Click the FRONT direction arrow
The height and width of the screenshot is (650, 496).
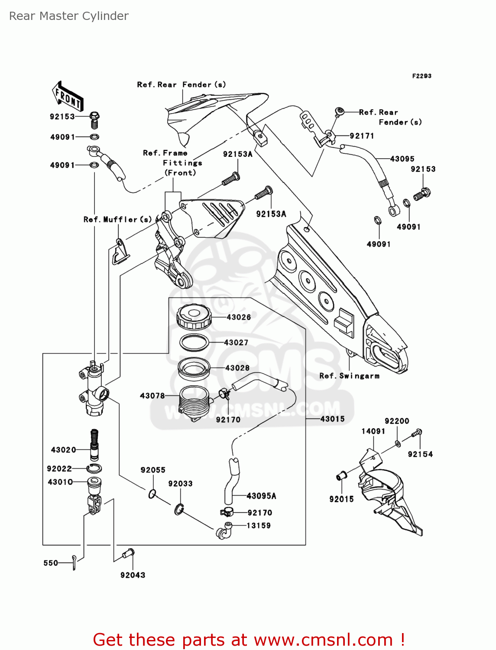[x=68, y=96]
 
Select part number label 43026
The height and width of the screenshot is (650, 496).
[x=239, y=317]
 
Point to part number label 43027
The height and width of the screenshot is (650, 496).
[x=236, y=343]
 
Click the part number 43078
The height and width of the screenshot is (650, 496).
[x=152, y=396]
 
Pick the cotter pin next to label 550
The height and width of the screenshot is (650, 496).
[x=75, y=562]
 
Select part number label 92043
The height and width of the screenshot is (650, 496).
[x=133, y=575]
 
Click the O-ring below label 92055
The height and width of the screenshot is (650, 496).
[x=152, y=494]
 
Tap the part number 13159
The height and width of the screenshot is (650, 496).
[x=259, y=526]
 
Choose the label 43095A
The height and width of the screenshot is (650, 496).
[x=261, y=496]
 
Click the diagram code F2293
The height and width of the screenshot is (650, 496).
[x=421, y=76]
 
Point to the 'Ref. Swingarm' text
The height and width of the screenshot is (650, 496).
[x=349, y=376]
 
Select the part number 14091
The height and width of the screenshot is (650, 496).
[x=373, y=431]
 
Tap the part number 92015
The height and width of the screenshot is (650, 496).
[x=341, y=499]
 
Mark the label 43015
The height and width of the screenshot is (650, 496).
[x=332, y=419]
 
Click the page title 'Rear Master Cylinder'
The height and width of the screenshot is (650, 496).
[x=69, y=16]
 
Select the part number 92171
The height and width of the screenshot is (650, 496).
[x=362, y=136]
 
